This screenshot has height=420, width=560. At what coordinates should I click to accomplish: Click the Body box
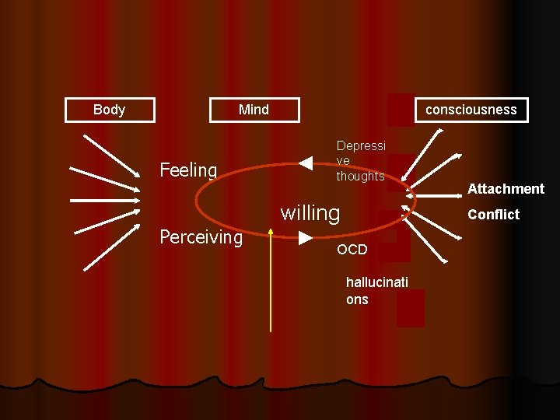click(x=109, y=110)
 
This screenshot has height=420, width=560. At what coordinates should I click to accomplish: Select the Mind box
click(x=254, y=110)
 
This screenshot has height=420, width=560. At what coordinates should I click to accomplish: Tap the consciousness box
click(x=471, y=110)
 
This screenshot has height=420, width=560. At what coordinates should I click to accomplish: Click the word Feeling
click(x=187, y=170)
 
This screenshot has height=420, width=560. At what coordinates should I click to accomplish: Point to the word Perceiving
click(x=201, y=237)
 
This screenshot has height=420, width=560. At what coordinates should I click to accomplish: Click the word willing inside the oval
click(x=310, y=212)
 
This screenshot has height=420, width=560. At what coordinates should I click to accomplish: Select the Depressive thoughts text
click(x=360, y=161)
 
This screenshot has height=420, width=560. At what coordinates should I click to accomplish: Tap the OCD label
click(x=352, y=250)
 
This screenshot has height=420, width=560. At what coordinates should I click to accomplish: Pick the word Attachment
click(x=506, y=189)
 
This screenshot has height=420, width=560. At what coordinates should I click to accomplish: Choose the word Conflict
click(x=493, y=215)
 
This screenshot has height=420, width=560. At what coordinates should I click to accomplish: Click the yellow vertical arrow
click(x=270, y=280)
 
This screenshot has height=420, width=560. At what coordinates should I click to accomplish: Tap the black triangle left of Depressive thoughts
click(x=306, y=163)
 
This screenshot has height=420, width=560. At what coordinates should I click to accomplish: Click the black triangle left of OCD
click(x=306, y=236)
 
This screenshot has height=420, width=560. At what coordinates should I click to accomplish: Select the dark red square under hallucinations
click(x=410, y=308)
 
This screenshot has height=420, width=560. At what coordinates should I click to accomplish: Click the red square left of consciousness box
click(x=400, y=110)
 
